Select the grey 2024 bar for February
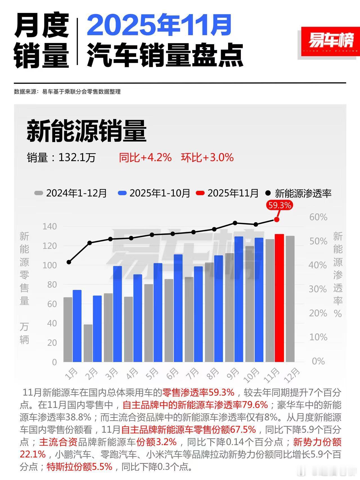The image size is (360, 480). [88, 343]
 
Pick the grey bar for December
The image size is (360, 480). [290, 299]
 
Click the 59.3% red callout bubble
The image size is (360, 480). [279, 205]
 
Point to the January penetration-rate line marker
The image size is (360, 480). [69, 262]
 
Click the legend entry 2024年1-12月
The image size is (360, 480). [71, 193]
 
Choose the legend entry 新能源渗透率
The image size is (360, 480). [299, 193]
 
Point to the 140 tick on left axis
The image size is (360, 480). [50, 226]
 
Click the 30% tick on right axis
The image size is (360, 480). [318, 289]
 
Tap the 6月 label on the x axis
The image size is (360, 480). [172, 374]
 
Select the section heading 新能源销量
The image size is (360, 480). [87, 131]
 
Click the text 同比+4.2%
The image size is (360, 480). [145, 157]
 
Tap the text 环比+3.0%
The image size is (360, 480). [207, 157]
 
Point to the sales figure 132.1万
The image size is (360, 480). [77, 158]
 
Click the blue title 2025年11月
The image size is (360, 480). [159, 25]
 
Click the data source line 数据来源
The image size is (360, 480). [67, 92]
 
